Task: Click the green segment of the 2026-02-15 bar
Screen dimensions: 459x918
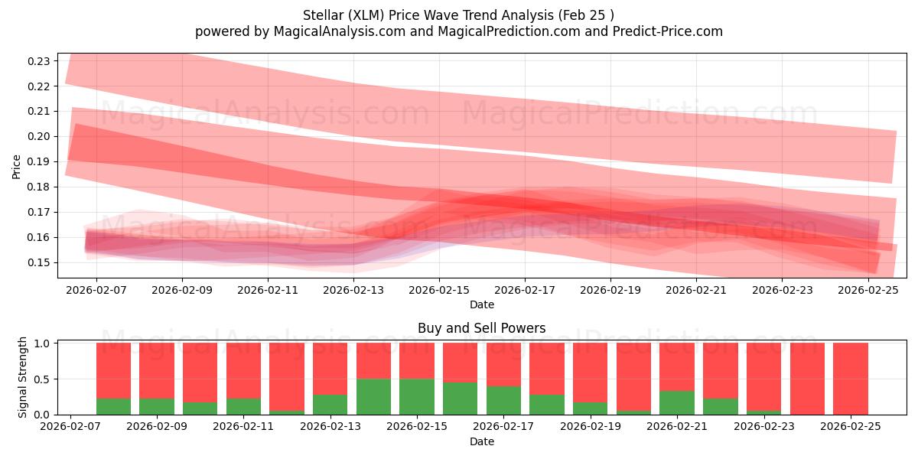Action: coord(417,396)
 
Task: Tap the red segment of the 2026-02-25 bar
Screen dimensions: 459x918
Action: coord(850,379)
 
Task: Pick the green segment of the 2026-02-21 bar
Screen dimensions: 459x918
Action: coord(676,402)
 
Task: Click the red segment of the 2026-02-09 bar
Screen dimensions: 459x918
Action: coord(156,370)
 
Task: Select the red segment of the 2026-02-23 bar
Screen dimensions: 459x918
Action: coord(763,376)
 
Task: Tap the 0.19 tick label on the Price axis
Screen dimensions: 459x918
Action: coord(40,161)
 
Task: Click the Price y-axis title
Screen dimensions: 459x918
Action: coord(17,166)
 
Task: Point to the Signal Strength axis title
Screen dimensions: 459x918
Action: coord(23,377)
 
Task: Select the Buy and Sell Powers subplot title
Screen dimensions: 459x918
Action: coord(481,328)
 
